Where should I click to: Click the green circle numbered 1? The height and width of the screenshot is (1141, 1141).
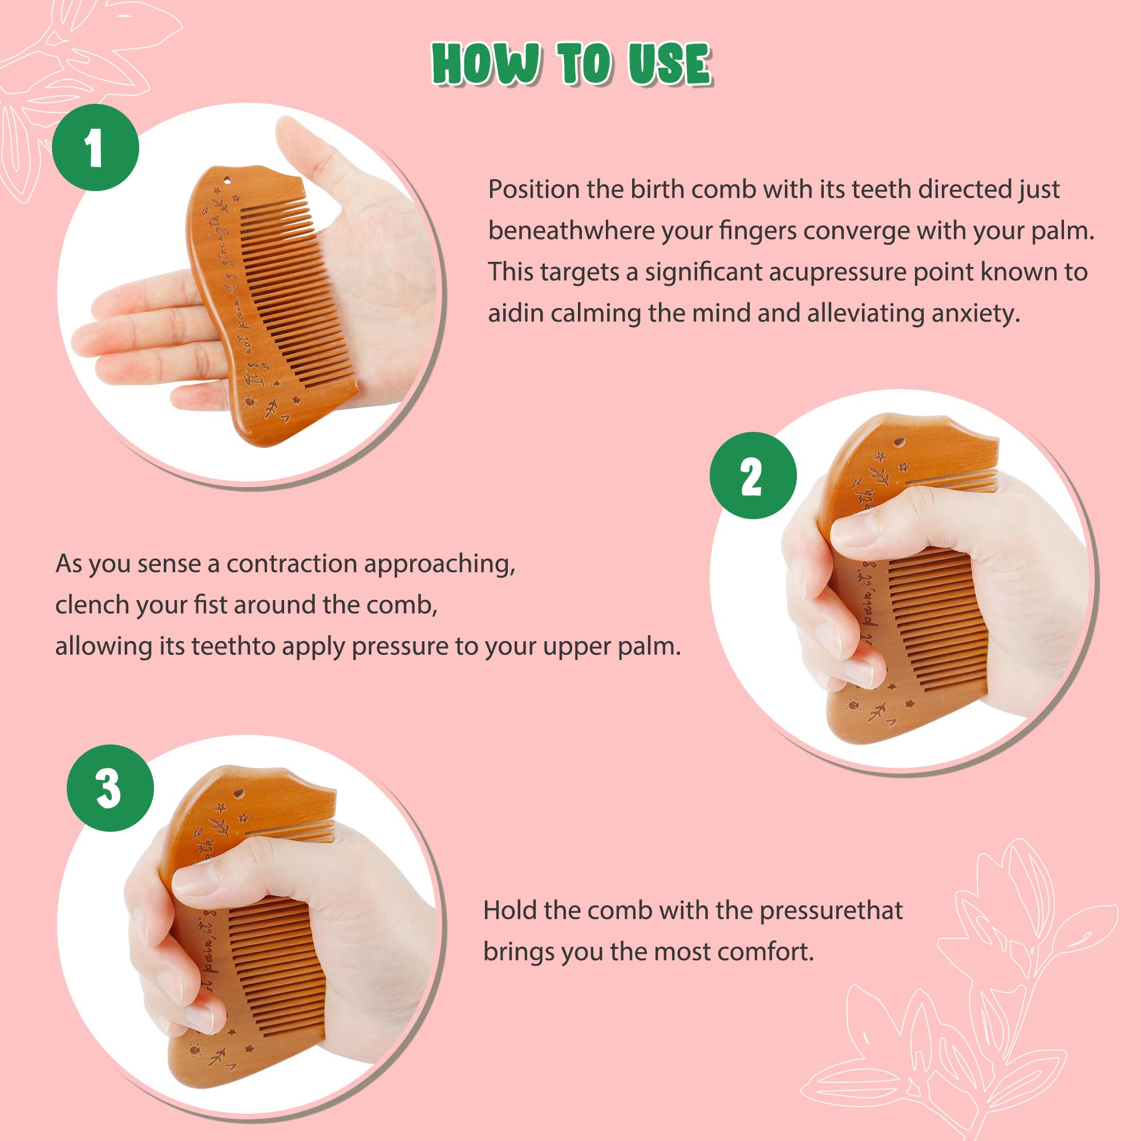(x=96, y=147)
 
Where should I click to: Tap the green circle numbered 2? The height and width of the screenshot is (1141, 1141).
(x=753, y=476)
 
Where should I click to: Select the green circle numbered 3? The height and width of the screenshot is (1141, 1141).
(x=110, y=788)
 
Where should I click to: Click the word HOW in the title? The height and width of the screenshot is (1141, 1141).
(x=485, y=64)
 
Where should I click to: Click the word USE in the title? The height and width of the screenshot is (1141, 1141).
(x=669, y=64)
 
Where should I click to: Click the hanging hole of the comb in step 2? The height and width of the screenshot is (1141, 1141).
(x=899, y=442)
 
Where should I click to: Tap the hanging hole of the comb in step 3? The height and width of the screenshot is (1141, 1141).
(x=239, y=792)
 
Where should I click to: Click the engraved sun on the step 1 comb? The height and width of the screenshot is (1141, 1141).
(x=250, y=402)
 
